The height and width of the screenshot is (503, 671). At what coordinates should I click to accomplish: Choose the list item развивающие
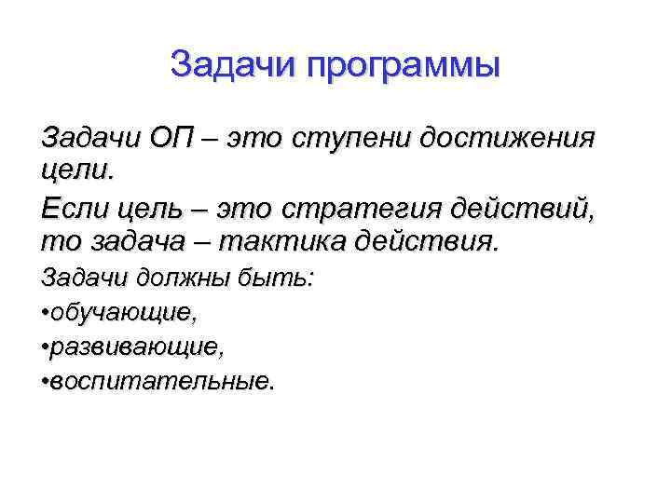[x=138, y=348]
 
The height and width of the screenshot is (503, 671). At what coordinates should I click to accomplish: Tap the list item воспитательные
[x=164, y=382]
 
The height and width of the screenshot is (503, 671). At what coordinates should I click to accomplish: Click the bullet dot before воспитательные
[x=46, y=383]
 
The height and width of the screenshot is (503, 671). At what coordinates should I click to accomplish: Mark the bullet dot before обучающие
[x=46, y=315]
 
